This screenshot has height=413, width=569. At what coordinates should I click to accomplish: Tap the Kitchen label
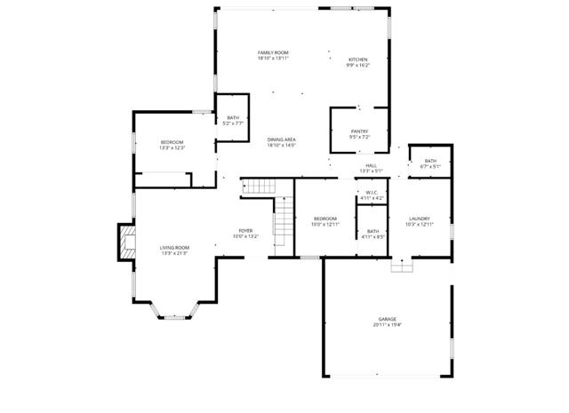(357, 60)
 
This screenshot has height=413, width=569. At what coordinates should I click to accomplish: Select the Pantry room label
(359, 132)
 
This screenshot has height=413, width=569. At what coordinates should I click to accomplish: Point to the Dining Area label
(282, 139)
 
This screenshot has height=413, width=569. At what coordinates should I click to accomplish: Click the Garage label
(387, 319)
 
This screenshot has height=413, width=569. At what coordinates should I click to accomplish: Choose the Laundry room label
(420, 218)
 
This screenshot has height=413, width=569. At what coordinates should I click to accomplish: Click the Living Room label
(174, 248)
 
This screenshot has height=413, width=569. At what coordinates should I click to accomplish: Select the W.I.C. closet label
(372, 193)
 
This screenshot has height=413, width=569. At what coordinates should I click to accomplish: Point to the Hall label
(371, 165)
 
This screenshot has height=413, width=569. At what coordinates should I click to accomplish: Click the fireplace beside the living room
(124, 242)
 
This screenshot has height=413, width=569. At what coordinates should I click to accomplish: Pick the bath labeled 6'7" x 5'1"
(430, 161)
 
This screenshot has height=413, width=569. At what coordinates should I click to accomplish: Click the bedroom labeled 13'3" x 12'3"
(172, 143)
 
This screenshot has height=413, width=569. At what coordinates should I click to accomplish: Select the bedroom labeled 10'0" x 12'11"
(325, 218)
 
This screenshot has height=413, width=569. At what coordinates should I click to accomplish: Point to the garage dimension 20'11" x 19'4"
(387, 325)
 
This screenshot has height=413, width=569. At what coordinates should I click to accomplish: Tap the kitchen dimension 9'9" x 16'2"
(357, 65)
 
